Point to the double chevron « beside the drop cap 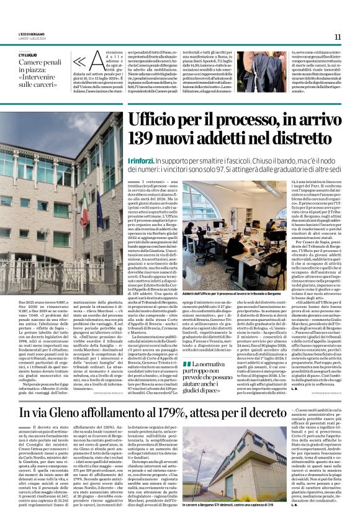coord(79,62)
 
